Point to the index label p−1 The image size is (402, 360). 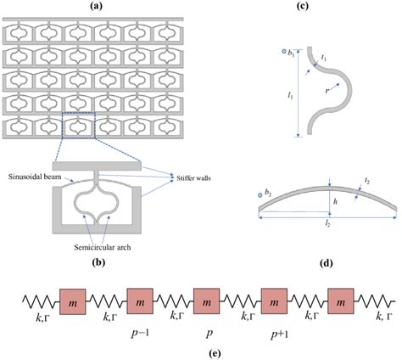[140, 329]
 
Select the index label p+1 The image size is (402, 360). [275, 329]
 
